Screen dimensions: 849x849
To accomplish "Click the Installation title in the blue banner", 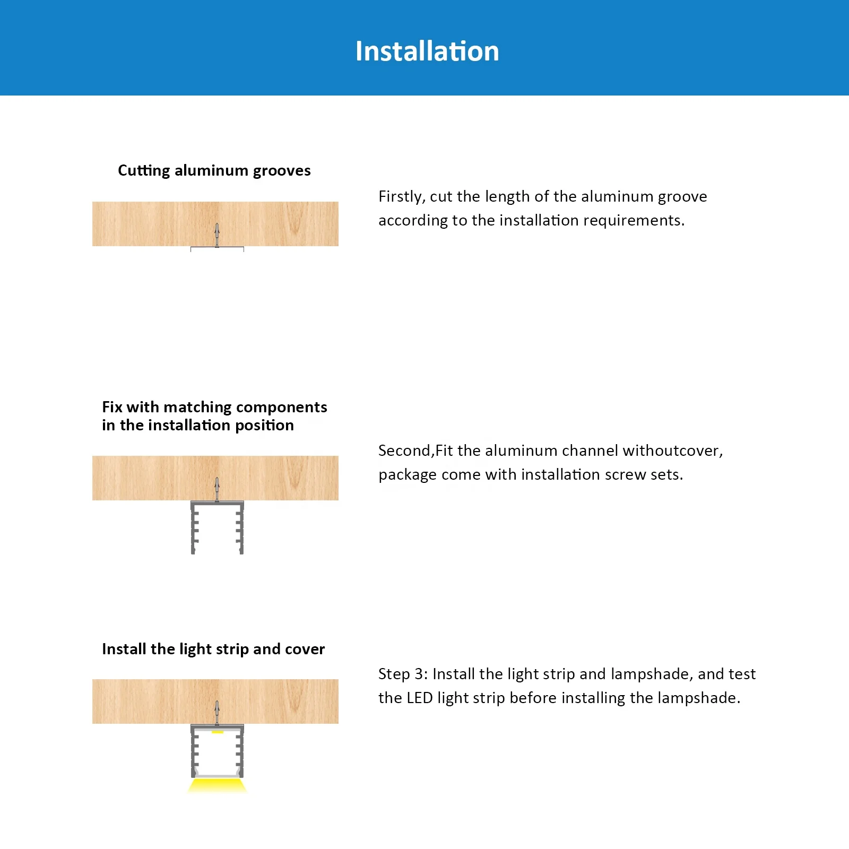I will [x=427, y=51].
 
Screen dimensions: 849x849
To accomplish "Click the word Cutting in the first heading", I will [x=144, y=170].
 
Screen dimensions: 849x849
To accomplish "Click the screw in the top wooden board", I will [x=216, y=235].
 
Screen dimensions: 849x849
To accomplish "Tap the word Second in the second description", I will [x=405, y=451].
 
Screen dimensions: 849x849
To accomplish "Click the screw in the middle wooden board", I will [x=216, y=489].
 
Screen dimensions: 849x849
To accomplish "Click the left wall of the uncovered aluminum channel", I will [x=194, y=528].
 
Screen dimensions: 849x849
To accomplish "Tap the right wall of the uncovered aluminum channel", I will [x=241, y=528].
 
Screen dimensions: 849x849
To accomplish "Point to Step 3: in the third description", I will [x=403, y=674].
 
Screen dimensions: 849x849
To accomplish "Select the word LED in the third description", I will [x=420, y=698].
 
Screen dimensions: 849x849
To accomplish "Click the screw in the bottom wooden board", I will [x=216, y=713].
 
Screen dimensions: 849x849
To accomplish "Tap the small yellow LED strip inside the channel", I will [x=218, y=732].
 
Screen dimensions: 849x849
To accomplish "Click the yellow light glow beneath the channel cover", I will [x=218, y=786].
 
